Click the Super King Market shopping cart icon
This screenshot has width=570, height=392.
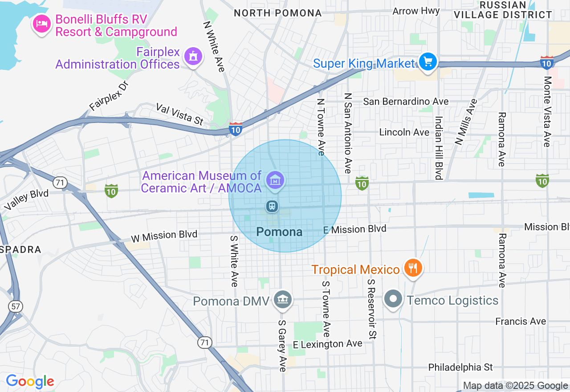[428, 61]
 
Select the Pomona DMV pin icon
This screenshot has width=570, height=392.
[282, 299]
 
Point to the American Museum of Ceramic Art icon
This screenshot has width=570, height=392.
[276, 180]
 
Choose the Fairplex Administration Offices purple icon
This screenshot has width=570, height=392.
[193, 57]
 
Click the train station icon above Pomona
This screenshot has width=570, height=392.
[272, 206]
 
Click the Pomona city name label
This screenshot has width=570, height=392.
[279, 232]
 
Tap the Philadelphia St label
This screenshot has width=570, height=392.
[460, 367]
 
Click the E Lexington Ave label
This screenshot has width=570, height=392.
[328, 344]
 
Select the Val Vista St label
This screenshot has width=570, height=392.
[179, 114]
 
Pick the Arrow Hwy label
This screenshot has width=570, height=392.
[416, 11]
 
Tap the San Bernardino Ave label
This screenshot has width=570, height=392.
[406, 102]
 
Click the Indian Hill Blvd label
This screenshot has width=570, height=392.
[439, 148]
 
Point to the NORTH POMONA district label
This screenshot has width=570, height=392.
[277, 13]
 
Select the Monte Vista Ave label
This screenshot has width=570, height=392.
[547, 111]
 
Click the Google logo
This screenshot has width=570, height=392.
[30, 381]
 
